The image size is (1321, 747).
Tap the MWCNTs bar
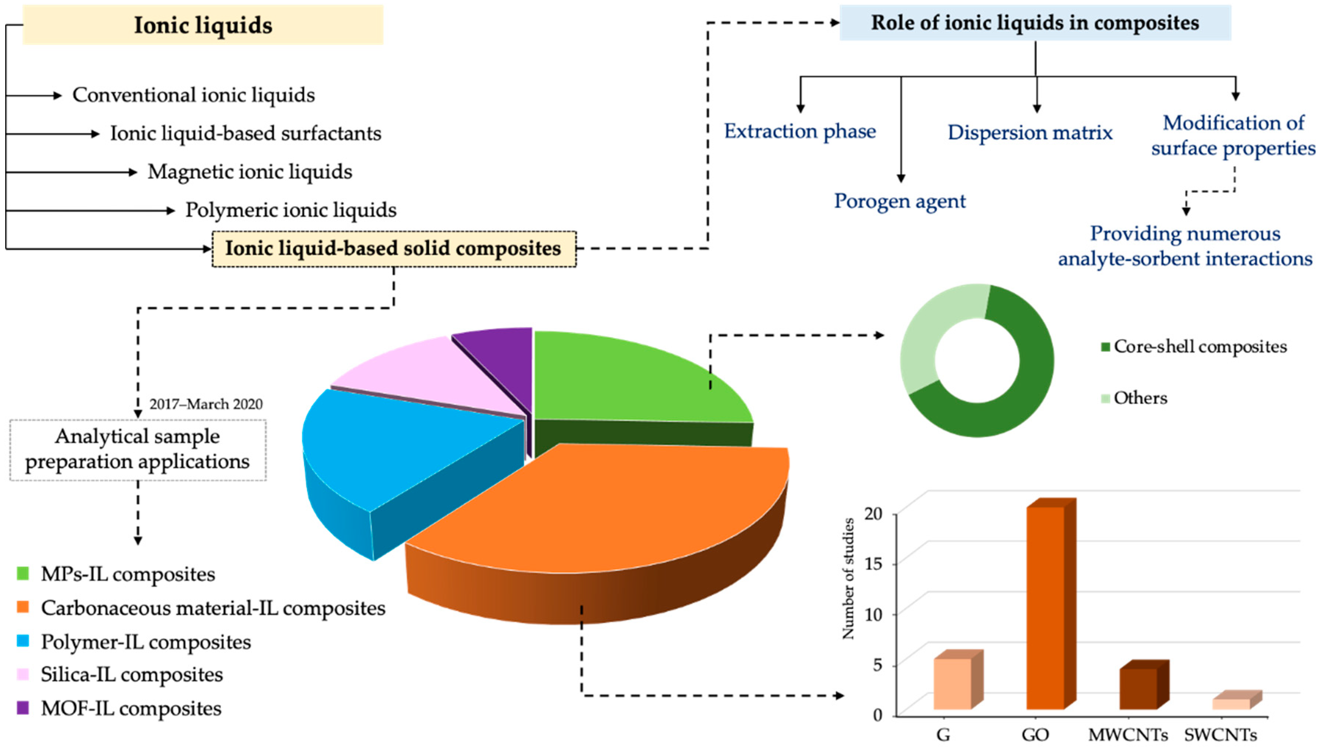click(x=1138, y=688)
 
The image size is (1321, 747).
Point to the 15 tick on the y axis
click(x=873, y=564)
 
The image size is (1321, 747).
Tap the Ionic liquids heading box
click(x=203, y=25)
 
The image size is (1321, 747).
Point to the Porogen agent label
click(x=899, y=201)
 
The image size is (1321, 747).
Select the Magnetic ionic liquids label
click(x=250, y=172)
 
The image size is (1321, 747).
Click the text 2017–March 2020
click(x=206, y=404)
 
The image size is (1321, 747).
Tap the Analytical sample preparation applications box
click(x=138, y=449)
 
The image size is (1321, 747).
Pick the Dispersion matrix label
click(x=1029, y=132)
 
